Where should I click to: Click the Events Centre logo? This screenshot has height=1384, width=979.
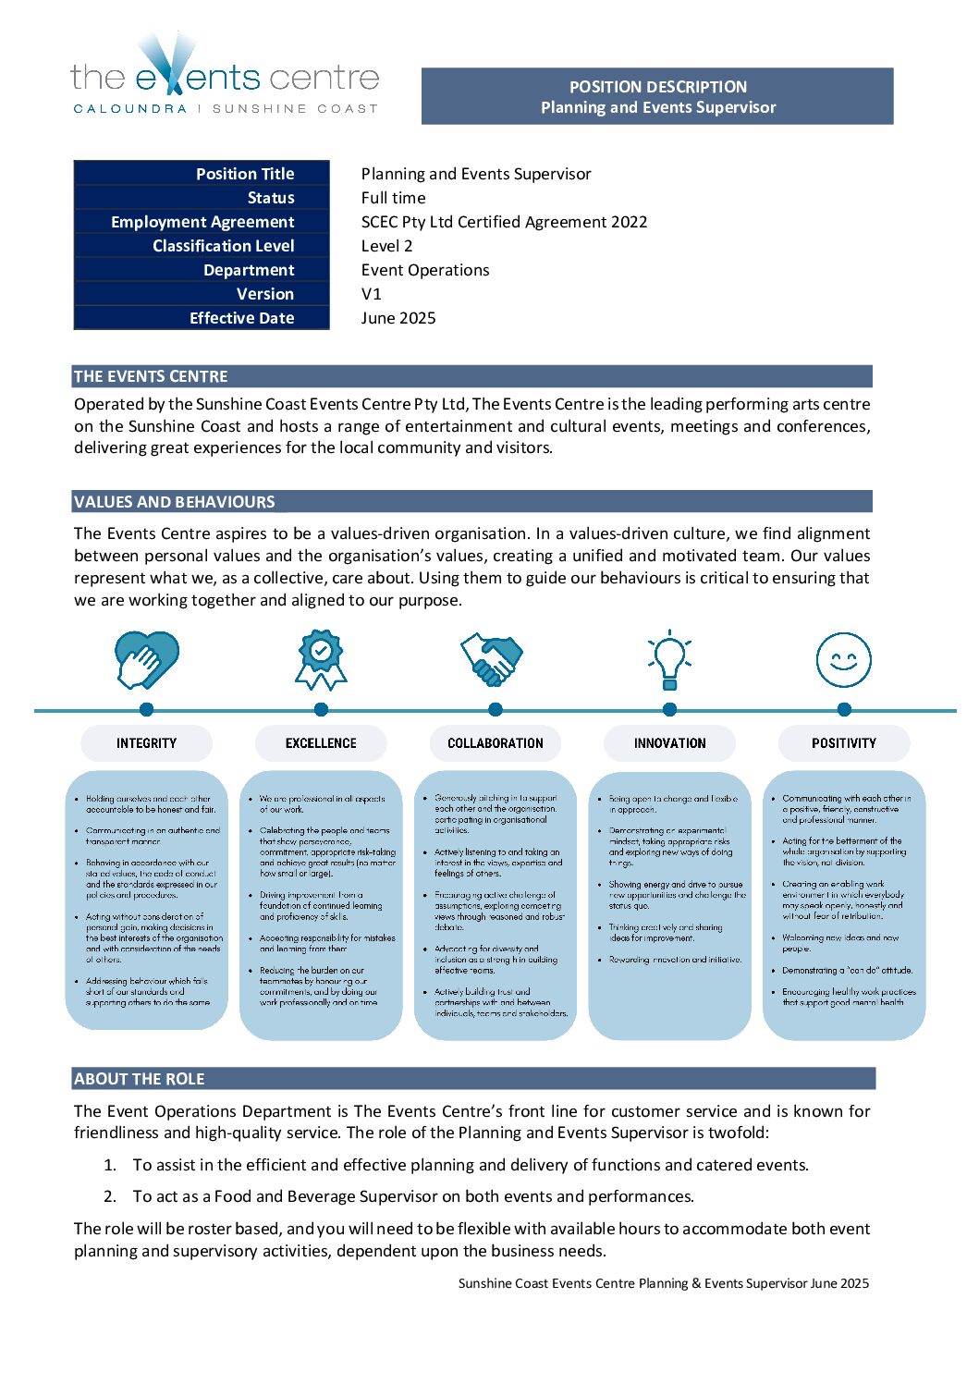pyautogui.click(x=225, y=74)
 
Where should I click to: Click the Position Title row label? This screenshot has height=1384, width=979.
pyautogui.click(x=245, y=174)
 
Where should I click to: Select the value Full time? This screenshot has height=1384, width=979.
pyautogui.click(x=394, y=198)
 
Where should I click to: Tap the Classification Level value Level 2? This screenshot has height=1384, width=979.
pyautogui.click(x=387, y=246)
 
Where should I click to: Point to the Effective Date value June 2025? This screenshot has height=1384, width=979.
pyautogui.click(x=398, y=318)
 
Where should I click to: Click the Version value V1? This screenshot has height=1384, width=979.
pyautogui.click(x=372, y=294)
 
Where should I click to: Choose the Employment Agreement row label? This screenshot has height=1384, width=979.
pyautogui.click(x=202, y=222)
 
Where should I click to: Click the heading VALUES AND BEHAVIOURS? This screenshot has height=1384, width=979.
pyautogui.click(x=175, y=502)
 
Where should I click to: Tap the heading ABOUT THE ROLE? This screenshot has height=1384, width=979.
pyautogui.click(x=140, y=1079)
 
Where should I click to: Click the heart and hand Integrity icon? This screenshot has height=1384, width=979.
pyautogui.click(x=146, y=660)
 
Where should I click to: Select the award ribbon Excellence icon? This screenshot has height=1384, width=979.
pyautogui.click(x=321, y=660)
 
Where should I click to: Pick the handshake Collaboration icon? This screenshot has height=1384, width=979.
pyautogui.click(x=493, y=658)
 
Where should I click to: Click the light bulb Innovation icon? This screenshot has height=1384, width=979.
pyautogui.click(x=669, y=660)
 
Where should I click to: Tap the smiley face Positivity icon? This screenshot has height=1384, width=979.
pyautogui.click(x=843, y=660)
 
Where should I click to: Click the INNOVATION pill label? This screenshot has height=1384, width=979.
pyautogui.click(x=669, y=743)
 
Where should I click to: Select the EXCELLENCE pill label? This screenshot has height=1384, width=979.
pyautogui.click(x=321, y=743)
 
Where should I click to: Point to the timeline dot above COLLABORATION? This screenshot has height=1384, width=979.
pyautogui.click(x=496, y=709)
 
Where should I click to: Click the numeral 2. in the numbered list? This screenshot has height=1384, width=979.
pyautogui.click(x=110, y=1196)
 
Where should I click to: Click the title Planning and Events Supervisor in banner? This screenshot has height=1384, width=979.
pyautogui.click(x=658, y=107)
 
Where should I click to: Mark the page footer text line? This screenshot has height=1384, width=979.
pyautogui.click(x=663, y=1283)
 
